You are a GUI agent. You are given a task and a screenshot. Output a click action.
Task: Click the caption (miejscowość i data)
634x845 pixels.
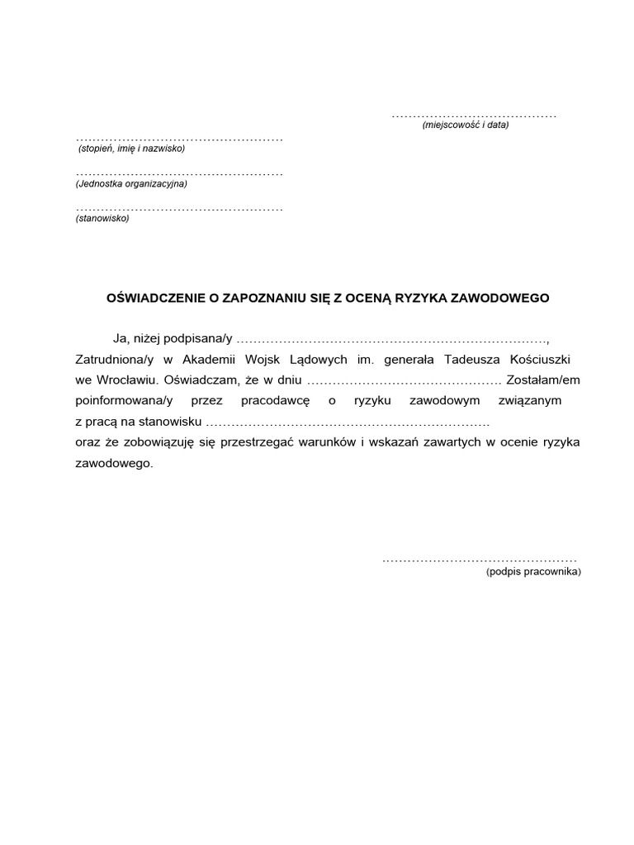pyautogui.click(x=466, y=125)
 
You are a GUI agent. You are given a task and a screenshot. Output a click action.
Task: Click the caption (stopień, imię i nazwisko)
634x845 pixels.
pyautogui.click(x=132, y=149)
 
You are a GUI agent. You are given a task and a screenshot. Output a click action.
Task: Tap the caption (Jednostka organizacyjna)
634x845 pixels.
pyautogui.click(x=131, y=184)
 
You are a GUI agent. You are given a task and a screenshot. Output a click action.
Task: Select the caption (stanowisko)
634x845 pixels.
pyautogui.click(x=102, y=219)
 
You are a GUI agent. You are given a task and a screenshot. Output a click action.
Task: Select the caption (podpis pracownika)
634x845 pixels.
pyautogui.click(x=533, y=572)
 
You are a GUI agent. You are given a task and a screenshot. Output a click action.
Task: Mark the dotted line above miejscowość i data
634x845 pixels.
pyautogui.click(x=474, y=115)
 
